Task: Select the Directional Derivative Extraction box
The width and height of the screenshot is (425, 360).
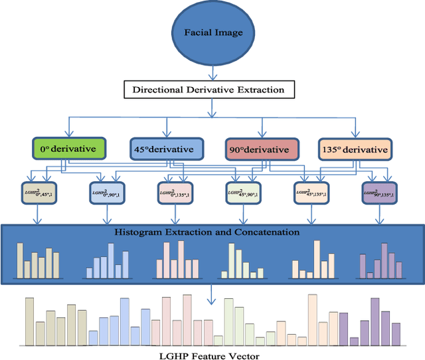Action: click(x=209, y=89)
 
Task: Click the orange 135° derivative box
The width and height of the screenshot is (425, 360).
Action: click(x=355, y=149)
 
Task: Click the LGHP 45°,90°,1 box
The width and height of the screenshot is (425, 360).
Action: click(x=242, y=193)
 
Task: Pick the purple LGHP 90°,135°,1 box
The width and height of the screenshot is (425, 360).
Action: click(x=379, y=193)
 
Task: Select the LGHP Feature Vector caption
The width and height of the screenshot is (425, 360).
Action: click(x=210, y=354)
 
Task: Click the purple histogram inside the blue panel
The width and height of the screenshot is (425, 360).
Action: click(x=379, y=260)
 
